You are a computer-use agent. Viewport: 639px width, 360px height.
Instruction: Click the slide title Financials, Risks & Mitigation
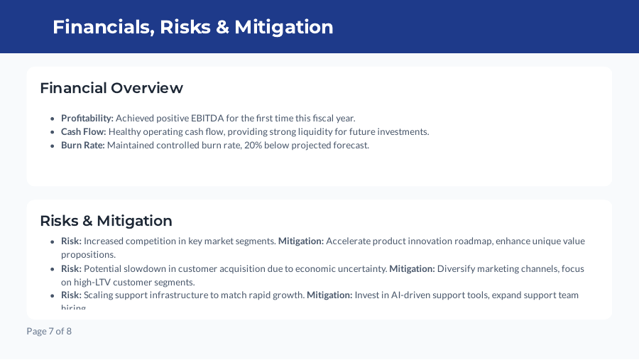click(192, 27)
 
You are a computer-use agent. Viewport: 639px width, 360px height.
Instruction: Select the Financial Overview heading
click(111, 88)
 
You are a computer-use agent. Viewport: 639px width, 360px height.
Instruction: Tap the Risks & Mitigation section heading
click(106, 220)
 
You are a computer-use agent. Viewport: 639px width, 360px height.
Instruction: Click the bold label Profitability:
click(87, 118)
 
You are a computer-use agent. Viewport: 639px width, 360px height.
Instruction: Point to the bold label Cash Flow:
click(84, 131)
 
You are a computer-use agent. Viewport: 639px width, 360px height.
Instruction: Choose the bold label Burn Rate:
click(83, 145)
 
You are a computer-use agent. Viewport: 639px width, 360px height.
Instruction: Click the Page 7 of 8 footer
click(49, 331)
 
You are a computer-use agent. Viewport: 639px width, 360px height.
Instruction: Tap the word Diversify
click(458, 268)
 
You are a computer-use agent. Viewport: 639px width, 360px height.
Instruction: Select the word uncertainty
click(360, 268)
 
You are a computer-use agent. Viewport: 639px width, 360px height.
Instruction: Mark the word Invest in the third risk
click(368, 295)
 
